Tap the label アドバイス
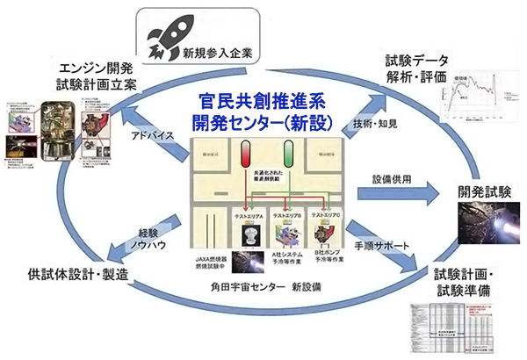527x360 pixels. point(161,137)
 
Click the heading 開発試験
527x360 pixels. point(480,190)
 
